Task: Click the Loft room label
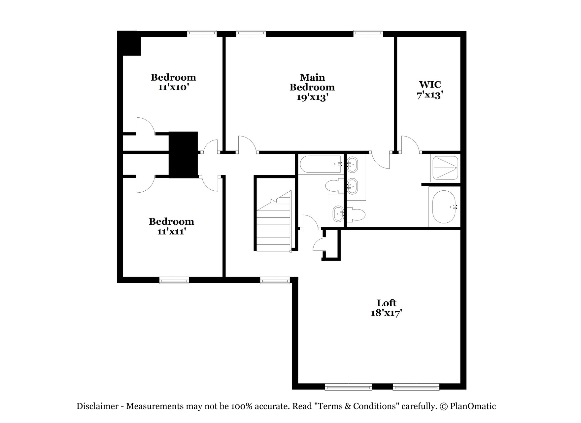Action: coord(386,303)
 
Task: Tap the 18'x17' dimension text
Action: coord(386,313)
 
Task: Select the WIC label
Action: coord(430,85)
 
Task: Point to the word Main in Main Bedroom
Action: coord(312,77)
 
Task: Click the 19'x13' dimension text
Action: coord(312,97)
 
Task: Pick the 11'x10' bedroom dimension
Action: coord(173,88)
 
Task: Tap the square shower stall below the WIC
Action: coord(445,168)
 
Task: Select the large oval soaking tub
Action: coord(444,207)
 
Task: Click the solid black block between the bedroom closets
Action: coord(183,155)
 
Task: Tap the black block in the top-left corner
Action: coord(129,43)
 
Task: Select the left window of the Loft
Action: coord(348,387)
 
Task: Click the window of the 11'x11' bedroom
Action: coord(174,280)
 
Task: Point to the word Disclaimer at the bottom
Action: coord(97,406)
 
